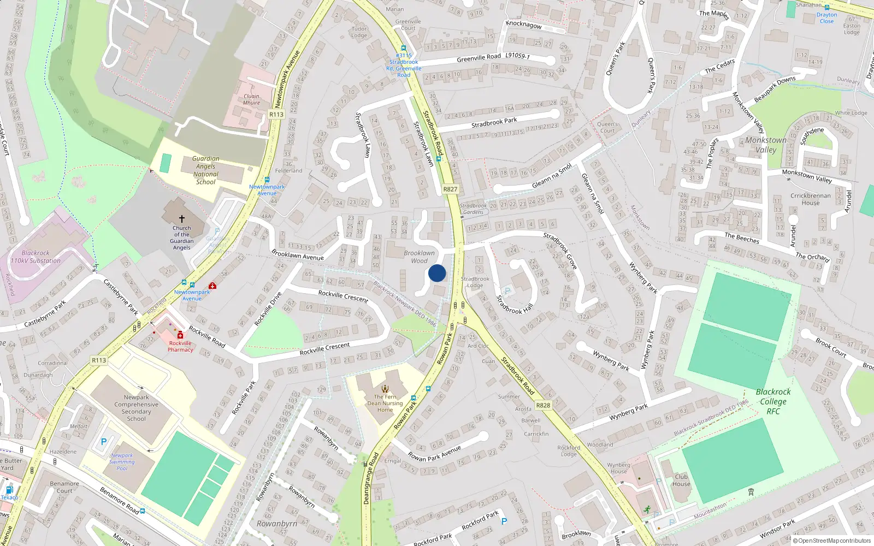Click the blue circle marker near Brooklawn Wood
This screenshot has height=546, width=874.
[x=437, y=273]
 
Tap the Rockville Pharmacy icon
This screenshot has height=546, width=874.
[x=180, y=335]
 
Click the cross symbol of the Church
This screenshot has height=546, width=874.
[x=182, y=218]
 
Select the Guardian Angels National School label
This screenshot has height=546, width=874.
[x=205, y=170]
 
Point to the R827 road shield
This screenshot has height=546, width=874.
[x=450, y=189]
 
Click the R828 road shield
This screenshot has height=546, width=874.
[x=543, y=405]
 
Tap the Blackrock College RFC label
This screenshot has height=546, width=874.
[x=773, y=401]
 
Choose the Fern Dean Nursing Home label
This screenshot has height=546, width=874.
[x=385, y=403]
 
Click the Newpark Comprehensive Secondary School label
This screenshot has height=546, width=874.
[x=137, y=408]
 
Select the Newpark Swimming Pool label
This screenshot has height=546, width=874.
[x=122, y=462]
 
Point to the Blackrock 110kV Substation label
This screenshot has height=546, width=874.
[x=36, y=257]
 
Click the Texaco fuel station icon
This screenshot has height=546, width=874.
[x=9, y=490]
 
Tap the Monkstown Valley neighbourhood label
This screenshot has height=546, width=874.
[x=766, y=145]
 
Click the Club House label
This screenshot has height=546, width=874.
[x=681, y=480]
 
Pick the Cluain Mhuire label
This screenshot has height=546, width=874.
[x=251, y=99]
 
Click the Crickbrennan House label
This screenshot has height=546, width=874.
[x=811, y=199]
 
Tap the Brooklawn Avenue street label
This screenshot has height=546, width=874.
[x=298, y=255]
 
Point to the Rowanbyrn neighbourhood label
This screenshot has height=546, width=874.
[x=277, y=524]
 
